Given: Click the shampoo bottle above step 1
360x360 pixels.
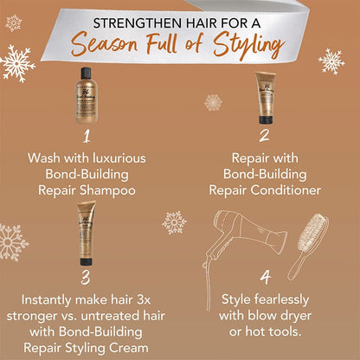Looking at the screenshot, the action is tap(86, 95).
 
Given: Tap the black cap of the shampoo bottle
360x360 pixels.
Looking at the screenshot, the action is tap(86, 73).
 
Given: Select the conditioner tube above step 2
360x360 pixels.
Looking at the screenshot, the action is tap(266, 98).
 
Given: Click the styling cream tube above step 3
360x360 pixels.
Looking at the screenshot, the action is tap(86, 233).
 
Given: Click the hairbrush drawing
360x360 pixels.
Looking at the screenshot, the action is tap(309, 246).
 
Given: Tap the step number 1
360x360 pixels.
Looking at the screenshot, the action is tap(86, 136).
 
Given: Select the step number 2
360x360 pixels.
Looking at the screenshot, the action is tap(264, 136).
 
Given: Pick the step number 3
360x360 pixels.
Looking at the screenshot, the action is tap(86, 278).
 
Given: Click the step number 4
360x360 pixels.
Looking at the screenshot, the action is tap(266, 278).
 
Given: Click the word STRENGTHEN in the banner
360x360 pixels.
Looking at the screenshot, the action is tap(132, 23).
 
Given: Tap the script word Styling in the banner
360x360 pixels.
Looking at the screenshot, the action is tap(248, 45).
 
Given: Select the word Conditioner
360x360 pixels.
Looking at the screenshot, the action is tap(286, 190).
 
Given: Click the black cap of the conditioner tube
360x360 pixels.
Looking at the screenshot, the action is tap(266, 119).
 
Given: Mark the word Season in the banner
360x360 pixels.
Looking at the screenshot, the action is tap(105, 46).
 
